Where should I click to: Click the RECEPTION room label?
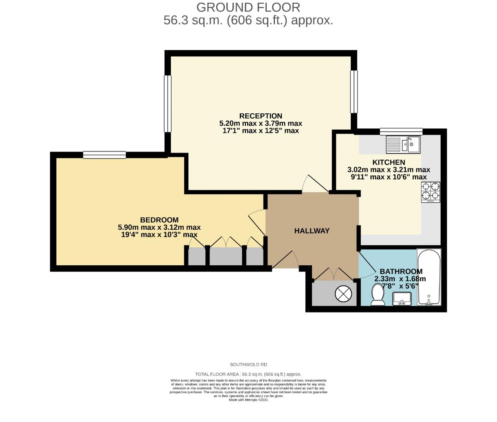pyautogui.click(x=260, y=116)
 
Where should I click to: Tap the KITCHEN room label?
pyautogui.click(x=388, y=163)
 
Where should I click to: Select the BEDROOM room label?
pyautogui.click(x=159, y=220)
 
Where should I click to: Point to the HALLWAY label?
pyautogui.click(x=312, y=231)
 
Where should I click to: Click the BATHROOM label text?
pyautogui.click(x=401, y=272)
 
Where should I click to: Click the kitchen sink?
pyautogui.click(x=402, y=144)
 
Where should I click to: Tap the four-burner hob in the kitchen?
pyautogui.click(x=430, y=192)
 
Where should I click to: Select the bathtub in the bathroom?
pyautogui.click(x=429, y=277)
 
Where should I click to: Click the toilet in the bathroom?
pyautogui.click(x=378, y=295)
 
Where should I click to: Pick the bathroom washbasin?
pyautogui.click(x=402, y=299)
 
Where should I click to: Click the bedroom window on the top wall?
pyautogui.click(x=104, y=155)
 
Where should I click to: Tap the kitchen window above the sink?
pyautogui.click(x=401, y=131)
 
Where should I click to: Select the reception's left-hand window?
pyautogui.click(x=168, y=104)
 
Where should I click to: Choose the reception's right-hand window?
pyautogui.click(x=354, y=91)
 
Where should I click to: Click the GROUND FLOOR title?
pyautogui.click(x=248, y=7)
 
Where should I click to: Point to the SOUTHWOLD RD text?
pyautogui.click(x=248, y=365)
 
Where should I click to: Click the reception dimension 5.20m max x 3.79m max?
pyautogui.click(x=260, y=123)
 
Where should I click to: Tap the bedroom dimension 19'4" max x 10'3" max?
pyautogui.click(x=159, y=235)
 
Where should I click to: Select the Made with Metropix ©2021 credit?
pyautogui.click(x=248, y=400)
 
